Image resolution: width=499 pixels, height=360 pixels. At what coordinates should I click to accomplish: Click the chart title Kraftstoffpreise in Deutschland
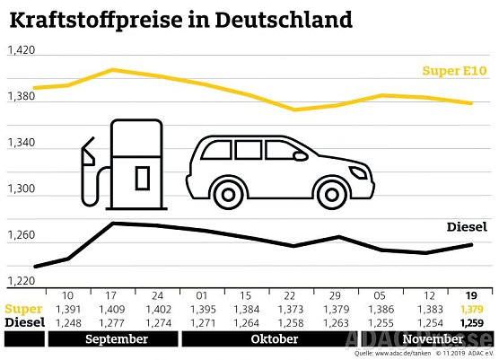tap(180, 18)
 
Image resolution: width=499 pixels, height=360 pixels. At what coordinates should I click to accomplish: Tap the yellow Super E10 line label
tap(457, 71)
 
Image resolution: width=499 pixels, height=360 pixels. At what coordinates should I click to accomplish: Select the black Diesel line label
tap(467, 227)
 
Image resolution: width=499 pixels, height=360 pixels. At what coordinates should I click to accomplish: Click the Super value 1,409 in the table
tap(112, 309)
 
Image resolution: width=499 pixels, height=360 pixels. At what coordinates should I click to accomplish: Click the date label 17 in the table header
tap(112, 295)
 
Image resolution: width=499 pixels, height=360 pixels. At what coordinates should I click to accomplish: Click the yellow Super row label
tap(22, 309)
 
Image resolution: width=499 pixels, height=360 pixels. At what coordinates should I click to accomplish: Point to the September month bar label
tap(116, 340)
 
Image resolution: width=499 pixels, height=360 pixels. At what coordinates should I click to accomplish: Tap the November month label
tap(432, 340)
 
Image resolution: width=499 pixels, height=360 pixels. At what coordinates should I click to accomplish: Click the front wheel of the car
tap(227, 190)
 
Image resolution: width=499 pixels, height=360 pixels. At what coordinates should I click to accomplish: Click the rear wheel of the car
tap(333, 190)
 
